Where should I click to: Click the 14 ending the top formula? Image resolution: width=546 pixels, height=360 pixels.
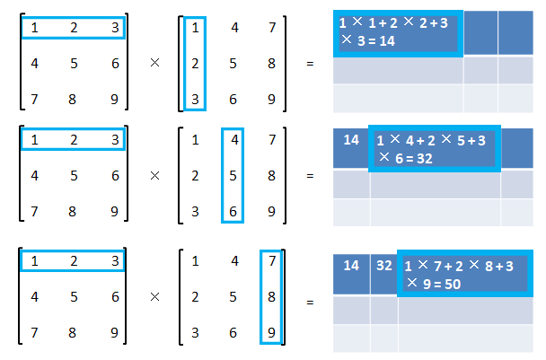point(387,41)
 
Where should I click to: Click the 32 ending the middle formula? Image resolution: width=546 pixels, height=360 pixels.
point(425,159)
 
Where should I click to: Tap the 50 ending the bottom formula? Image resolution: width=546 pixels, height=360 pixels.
point(453,285)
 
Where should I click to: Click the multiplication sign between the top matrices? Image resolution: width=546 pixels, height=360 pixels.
point(154,63)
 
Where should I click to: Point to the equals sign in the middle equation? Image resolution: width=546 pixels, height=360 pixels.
point(310,176)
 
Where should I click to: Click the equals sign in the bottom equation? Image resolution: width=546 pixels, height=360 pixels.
point(310,302)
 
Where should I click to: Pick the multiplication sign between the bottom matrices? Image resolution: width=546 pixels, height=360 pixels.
point(154,297)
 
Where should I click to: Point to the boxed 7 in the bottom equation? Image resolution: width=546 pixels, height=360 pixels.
point(272,260)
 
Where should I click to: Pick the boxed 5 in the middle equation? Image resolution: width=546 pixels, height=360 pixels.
point(233,176)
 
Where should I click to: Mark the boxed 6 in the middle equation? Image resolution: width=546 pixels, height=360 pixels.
point(233,212)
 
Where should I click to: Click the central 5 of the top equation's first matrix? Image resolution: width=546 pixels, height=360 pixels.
point(74,64)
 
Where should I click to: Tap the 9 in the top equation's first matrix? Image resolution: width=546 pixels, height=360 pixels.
point(115,100)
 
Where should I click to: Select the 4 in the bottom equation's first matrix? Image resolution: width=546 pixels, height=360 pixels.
point(34,297)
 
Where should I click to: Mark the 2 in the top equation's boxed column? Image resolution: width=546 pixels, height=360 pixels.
point(195,64)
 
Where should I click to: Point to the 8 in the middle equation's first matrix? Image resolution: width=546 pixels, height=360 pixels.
point(72,212)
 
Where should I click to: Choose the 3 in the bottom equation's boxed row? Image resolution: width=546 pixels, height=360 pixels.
point(115,260)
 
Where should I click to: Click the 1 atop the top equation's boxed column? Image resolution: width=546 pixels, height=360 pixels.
point(195,28)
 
